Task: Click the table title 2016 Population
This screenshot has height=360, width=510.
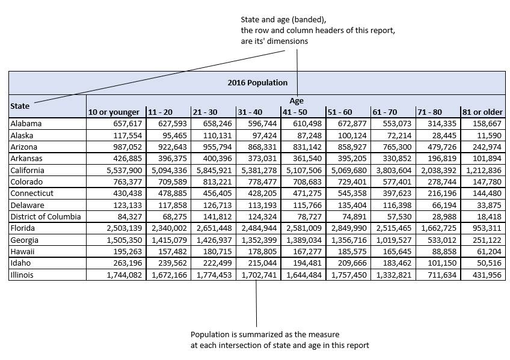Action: [257, 82]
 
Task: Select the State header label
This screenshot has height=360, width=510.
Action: [20, 106]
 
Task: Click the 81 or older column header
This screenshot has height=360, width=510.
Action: [482, 112]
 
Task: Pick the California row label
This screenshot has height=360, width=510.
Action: [27, 170]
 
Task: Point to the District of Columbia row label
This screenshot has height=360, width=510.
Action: [45, 216]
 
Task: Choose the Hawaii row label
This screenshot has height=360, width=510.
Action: [23, 251]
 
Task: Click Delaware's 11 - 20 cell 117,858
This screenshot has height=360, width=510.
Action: [171, 205]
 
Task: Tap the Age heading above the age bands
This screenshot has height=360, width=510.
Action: [296, 101]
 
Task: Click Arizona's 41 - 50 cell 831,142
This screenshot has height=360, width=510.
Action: [304, 147]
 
